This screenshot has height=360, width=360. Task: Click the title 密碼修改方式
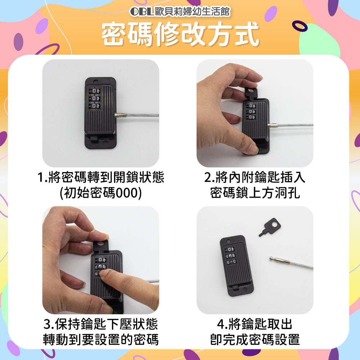[x=180, y=34]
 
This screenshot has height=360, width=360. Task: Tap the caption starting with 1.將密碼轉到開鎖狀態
[x=101, y=177]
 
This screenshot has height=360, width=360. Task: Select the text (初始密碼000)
[x=101, y=192]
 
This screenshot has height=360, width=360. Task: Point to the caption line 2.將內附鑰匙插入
[x=255, y=177]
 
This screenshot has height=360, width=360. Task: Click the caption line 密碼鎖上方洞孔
[x=255, y=192]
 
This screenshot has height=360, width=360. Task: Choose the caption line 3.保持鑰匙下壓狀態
[x=101, y=324]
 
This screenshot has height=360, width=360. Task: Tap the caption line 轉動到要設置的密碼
[x=101, y=339]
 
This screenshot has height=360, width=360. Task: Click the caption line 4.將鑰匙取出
[x=255, y=324]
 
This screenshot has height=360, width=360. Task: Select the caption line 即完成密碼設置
[x=255, y=339]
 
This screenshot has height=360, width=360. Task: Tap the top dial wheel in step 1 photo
[x=94, y=91]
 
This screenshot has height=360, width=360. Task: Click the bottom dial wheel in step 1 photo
[x=94, y=106]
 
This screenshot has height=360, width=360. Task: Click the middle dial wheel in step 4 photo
[x=230, y=256]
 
